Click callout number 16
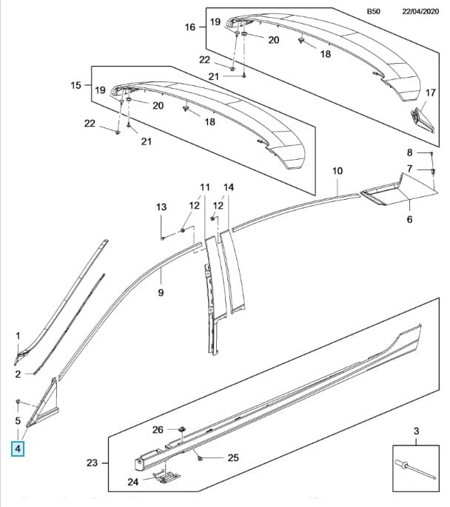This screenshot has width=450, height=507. [x=189, y=27]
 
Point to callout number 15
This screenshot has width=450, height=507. [x=76, y=86]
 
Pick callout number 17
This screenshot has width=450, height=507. [x=430, y=93]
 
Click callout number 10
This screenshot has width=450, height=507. [x=337, y=171]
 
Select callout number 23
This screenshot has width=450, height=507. [x=92, y=463]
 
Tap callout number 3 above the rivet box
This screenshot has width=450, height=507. [x=416, y=431]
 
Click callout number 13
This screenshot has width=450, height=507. [x=161, y=208]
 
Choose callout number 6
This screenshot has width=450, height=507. [x=409, y=220]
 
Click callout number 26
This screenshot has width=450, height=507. [x=157, y=429]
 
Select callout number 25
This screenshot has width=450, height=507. [x=232, y=458]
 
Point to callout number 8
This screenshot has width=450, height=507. [x=409, y=152]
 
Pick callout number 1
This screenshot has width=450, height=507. [x=19, y=337]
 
